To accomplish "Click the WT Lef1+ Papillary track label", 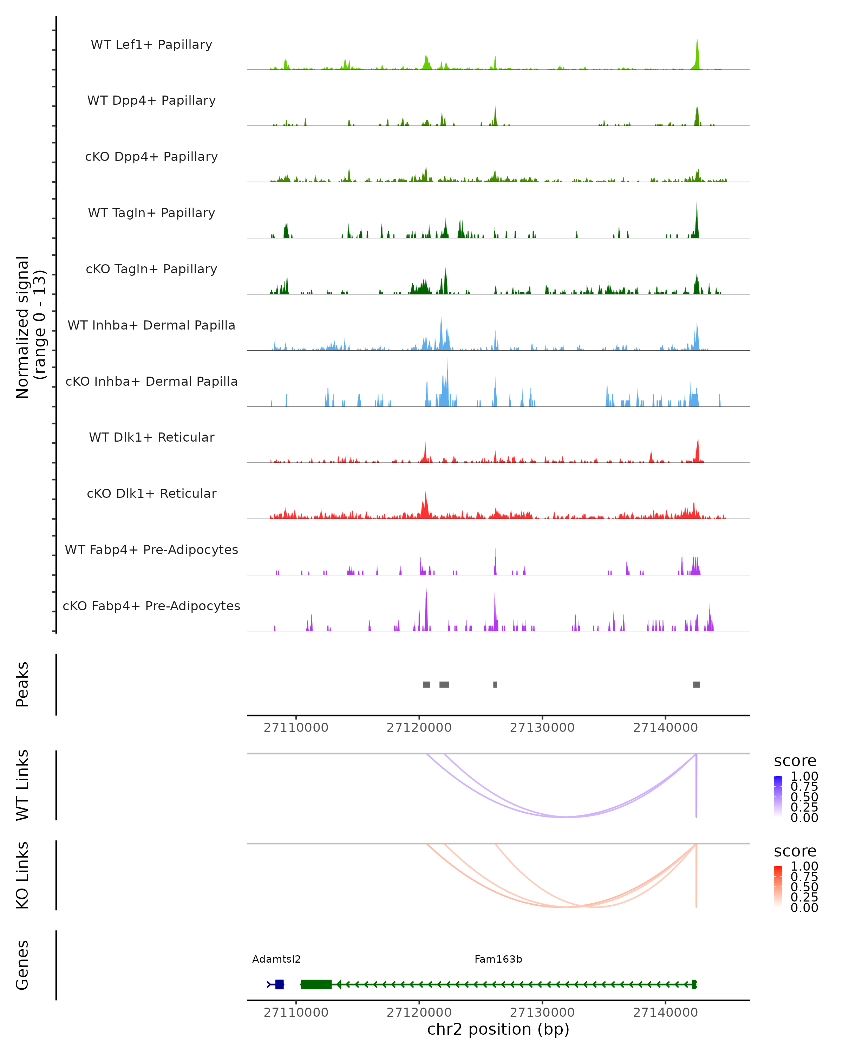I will pyautogui.click(x=151, y=45).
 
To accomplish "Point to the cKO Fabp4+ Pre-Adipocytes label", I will pyautogui.click(x=151, y=606).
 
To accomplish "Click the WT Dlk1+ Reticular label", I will pyautogui.click(x=151, y=437).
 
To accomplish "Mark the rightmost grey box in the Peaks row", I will pyautogui.click(x=697, y=684).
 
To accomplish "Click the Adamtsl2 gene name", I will pyautogui.click(x=276, y=959).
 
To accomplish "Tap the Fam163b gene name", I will pyautogui.click(x=498, y=959).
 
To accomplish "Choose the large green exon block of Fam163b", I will pyautogui.click(x=316, y=984).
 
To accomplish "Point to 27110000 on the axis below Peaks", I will pyautogui.click(x=296, y=728).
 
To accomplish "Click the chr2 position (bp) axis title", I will pyautogui.click(x=498, y=1029).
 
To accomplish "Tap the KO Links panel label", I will pyautogui.click(x=22, y=875).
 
